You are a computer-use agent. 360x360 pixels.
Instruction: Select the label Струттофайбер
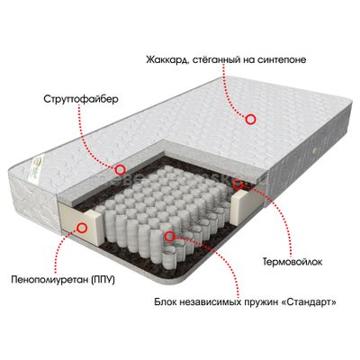(81, 99)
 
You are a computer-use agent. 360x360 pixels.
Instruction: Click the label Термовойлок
(292, 262)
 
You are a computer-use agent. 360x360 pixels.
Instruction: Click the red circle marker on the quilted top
(250, 120)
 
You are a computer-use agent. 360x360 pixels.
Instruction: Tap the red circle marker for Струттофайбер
(121, 170)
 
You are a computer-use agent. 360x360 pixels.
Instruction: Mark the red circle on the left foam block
(82, 228)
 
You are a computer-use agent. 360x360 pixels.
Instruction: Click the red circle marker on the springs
(170, 236)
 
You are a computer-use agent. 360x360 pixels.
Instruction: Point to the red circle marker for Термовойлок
(238, 184)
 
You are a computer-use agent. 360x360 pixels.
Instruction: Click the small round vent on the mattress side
(315, 150)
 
